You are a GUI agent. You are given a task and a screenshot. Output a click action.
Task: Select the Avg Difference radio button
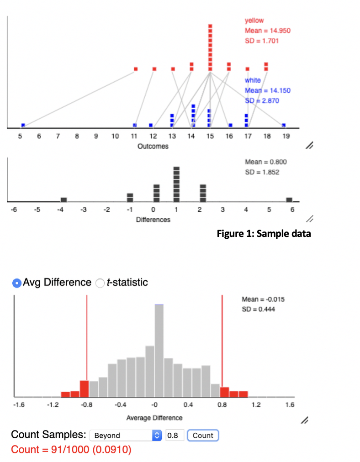(16, 283)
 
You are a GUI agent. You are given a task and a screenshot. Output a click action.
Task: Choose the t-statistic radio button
(100, 283)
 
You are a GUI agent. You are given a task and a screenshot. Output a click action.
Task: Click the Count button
(203, 435)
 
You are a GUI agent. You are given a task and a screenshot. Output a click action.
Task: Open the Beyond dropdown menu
(126, 435)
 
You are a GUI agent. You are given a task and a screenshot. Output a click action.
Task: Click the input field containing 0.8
(175, 435)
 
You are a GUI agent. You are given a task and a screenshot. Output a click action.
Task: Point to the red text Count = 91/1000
(71, 450)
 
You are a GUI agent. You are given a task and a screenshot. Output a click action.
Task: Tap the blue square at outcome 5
(23, 125)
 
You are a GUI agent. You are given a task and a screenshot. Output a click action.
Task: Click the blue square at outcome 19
(284, 125)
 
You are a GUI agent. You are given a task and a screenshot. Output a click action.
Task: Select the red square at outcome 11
(136, 69)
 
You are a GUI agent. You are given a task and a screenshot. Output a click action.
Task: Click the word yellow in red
(254, 21)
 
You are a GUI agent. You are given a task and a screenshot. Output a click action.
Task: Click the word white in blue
(252, 80)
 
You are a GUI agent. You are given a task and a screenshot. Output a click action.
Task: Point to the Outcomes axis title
(153, 146)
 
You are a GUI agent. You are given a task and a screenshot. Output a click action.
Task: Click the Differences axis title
(153, 220)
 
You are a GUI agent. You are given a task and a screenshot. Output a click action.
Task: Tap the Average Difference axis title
(154, 417)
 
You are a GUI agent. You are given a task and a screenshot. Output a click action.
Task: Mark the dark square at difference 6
(289, 199)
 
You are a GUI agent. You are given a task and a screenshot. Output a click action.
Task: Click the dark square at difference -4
(64, 199)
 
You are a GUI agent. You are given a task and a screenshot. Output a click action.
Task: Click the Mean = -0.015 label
(263, 299)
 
